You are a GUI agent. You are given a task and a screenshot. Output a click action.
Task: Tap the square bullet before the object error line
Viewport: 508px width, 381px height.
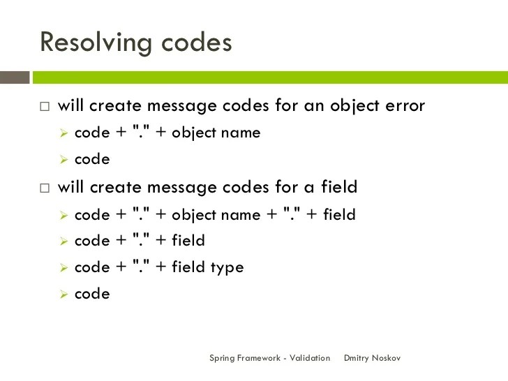45,107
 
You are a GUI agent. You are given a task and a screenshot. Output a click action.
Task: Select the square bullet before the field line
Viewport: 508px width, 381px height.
45,188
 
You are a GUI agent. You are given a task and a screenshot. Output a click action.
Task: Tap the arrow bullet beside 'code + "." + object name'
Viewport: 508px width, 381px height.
62,133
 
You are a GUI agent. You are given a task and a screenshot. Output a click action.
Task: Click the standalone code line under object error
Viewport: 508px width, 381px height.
92,160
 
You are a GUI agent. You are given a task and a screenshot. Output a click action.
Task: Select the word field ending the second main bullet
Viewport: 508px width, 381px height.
339,186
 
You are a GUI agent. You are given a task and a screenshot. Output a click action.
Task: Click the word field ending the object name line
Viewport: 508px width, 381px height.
339,214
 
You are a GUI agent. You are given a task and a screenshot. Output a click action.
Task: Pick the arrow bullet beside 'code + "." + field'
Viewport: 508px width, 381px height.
62,241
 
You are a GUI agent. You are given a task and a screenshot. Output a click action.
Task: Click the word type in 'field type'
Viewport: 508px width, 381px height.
227,268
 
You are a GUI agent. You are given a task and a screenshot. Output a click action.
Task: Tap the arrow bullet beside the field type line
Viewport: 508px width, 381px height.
62,268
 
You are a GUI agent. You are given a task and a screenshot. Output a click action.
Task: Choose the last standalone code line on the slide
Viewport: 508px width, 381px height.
92,294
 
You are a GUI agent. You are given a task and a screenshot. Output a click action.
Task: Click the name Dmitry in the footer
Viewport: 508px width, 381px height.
358,358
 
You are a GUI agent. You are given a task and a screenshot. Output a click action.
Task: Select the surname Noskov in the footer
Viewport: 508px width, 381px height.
388,358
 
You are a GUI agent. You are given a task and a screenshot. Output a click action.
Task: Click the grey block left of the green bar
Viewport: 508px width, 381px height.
15,77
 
